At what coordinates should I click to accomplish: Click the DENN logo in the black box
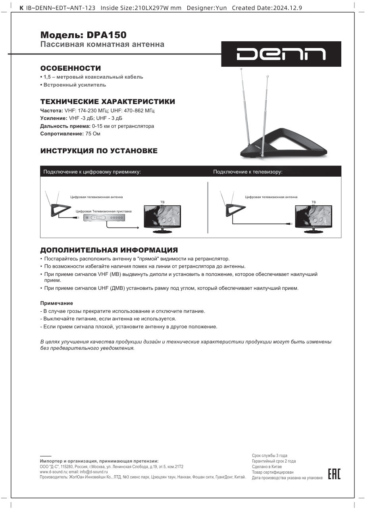coord(281,54)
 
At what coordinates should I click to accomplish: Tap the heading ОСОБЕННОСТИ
coord(71,68)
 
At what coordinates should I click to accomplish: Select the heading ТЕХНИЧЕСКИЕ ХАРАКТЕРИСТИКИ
coord(108,102)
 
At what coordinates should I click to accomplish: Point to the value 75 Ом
coord(93,134)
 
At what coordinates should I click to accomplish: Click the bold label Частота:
coord(52,111)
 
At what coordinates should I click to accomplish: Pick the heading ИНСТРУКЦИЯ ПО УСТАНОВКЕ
coord(99,151)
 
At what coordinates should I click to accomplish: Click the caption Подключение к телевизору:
coord(248,172)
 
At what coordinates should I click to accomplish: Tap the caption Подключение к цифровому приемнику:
coord(92,172)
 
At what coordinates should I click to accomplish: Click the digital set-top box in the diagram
coord(104,218)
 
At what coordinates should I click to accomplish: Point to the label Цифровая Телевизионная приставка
coord(104,211)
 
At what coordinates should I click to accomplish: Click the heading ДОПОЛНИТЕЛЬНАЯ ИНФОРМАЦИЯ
coord(109,250)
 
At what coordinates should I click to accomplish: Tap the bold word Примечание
coord(56,303)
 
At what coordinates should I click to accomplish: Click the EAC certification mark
coord(334,474)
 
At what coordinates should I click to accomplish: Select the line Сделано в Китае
coord(267,467)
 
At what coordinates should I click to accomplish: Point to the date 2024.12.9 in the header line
coord(288,8)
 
